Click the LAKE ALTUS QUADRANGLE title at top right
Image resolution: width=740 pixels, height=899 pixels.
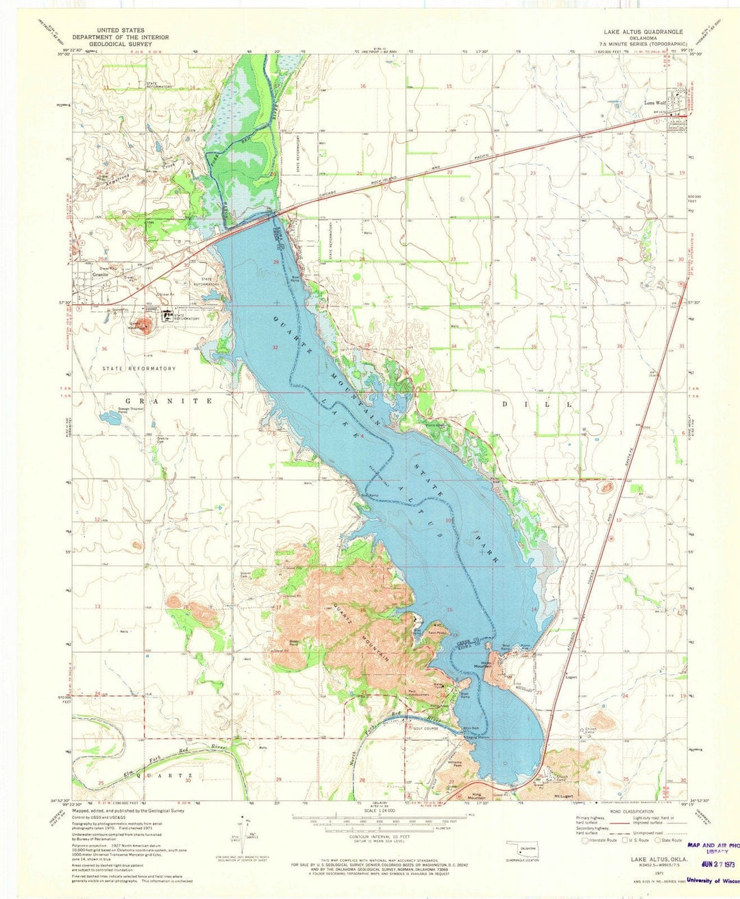tap(643, 32)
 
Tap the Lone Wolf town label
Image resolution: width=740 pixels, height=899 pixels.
tap(655, 103)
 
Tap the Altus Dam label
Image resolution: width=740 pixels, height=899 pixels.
tap(471, 728)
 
